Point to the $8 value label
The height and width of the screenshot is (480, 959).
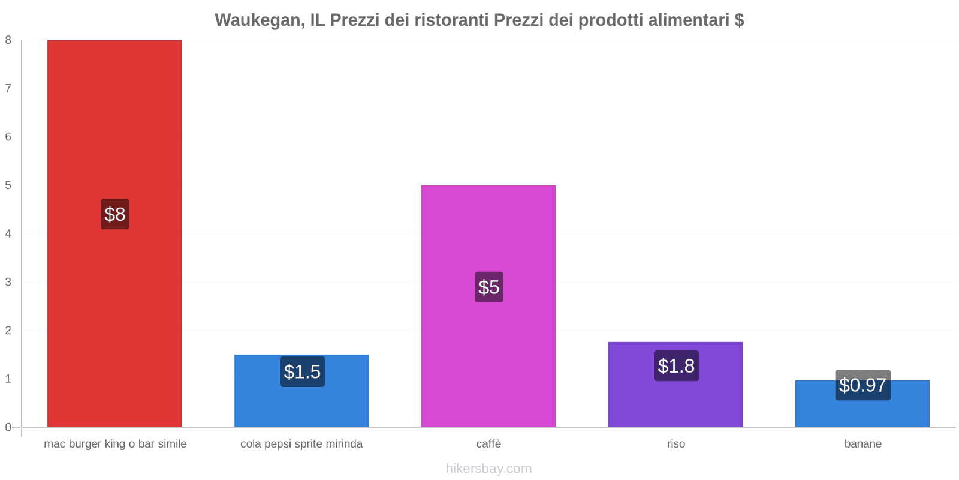115,214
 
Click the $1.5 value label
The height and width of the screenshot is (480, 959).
302,372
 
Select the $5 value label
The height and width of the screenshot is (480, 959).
489,287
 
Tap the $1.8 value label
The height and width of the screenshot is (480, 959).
676,366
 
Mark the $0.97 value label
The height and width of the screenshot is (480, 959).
863,385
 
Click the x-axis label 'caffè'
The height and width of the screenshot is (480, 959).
488,444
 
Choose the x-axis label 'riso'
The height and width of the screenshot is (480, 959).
676,444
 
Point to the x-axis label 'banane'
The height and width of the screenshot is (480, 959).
863,444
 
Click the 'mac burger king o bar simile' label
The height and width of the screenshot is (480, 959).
115,444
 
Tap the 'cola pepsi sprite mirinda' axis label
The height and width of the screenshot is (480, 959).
301,444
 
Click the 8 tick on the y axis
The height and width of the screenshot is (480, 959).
8,40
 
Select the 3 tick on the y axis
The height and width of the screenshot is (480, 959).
8,282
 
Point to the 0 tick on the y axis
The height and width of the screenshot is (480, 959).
8,427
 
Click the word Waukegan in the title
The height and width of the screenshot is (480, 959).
258,20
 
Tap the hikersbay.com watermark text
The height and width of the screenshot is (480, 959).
488,469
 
